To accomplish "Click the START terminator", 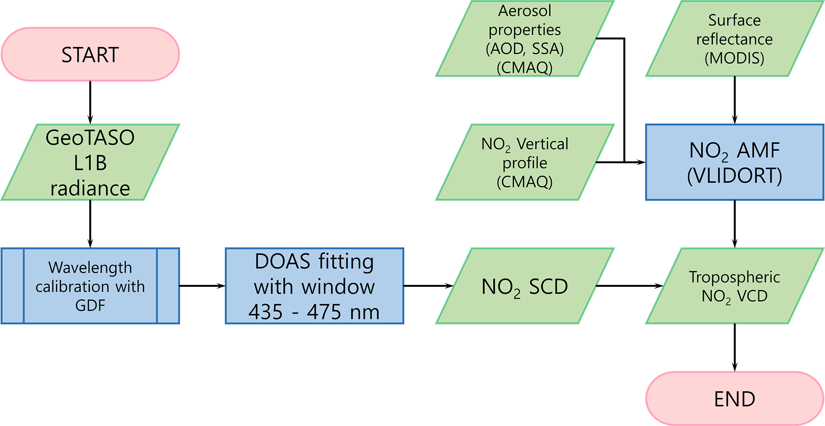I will [x=90, y=54].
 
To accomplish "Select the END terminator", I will [x=734, y=398].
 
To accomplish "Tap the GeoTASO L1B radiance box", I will [x=90, y=162].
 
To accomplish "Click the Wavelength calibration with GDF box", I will [x=90, y=286].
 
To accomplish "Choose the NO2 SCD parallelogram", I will [x=524, y=286].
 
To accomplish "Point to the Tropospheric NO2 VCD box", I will [x=734, y=286].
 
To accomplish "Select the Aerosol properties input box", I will [x=524, y=39].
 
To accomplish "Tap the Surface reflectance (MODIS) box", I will [x=734, y=39].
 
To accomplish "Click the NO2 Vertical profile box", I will [x=524, y=162].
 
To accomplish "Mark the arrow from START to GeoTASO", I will [x=90, y=102].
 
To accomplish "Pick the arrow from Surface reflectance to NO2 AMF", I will [x=734, y=100].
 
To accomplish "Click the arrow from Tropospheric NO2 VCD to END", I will [x=734, y=347].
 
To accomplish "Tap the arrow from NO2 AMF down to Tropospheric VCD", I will [x=734, y=224].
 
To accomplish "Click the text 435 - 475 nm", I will [x=315, y=312].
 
